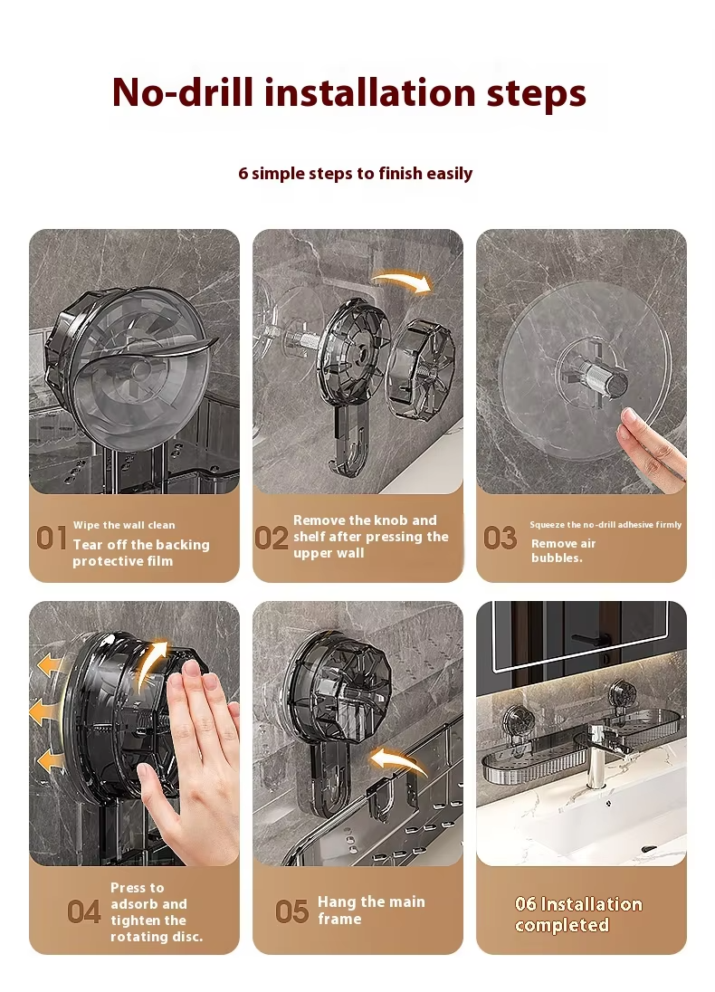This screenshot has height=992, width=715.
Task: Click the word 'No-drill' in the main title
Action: point(183,92)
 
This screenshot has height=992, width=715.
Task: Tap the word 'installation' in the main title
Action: point(370,92)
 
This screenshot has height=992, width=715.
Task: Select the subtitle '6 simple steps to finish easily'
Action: point(355,174)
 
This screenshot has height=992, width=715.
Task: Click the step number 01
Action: point(52,539)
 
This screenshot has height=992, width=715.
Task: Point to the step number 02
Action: point(272,539)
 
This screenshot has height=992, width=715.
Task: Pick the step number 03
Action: point(500,539)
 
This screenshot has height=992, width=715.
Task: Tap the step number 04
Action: point(83,912)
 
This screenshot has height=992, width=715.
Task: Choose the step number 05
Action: point(291,911)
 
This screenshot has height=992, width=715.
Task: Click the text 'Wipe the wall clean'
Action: point(124,525)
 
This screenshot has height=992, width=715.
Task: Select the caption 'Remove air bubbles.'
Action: point(563,550)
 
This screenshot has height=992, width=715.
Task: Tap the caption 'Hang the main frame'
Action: point(371,910)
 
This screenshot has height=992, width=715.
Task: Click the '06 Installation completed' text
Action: point(578,914)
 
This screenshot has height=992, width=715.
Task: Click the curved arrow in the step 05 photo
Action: point(398,759)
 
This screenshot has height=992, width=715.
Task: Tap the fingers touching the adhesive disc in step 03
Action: point(652,446)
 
